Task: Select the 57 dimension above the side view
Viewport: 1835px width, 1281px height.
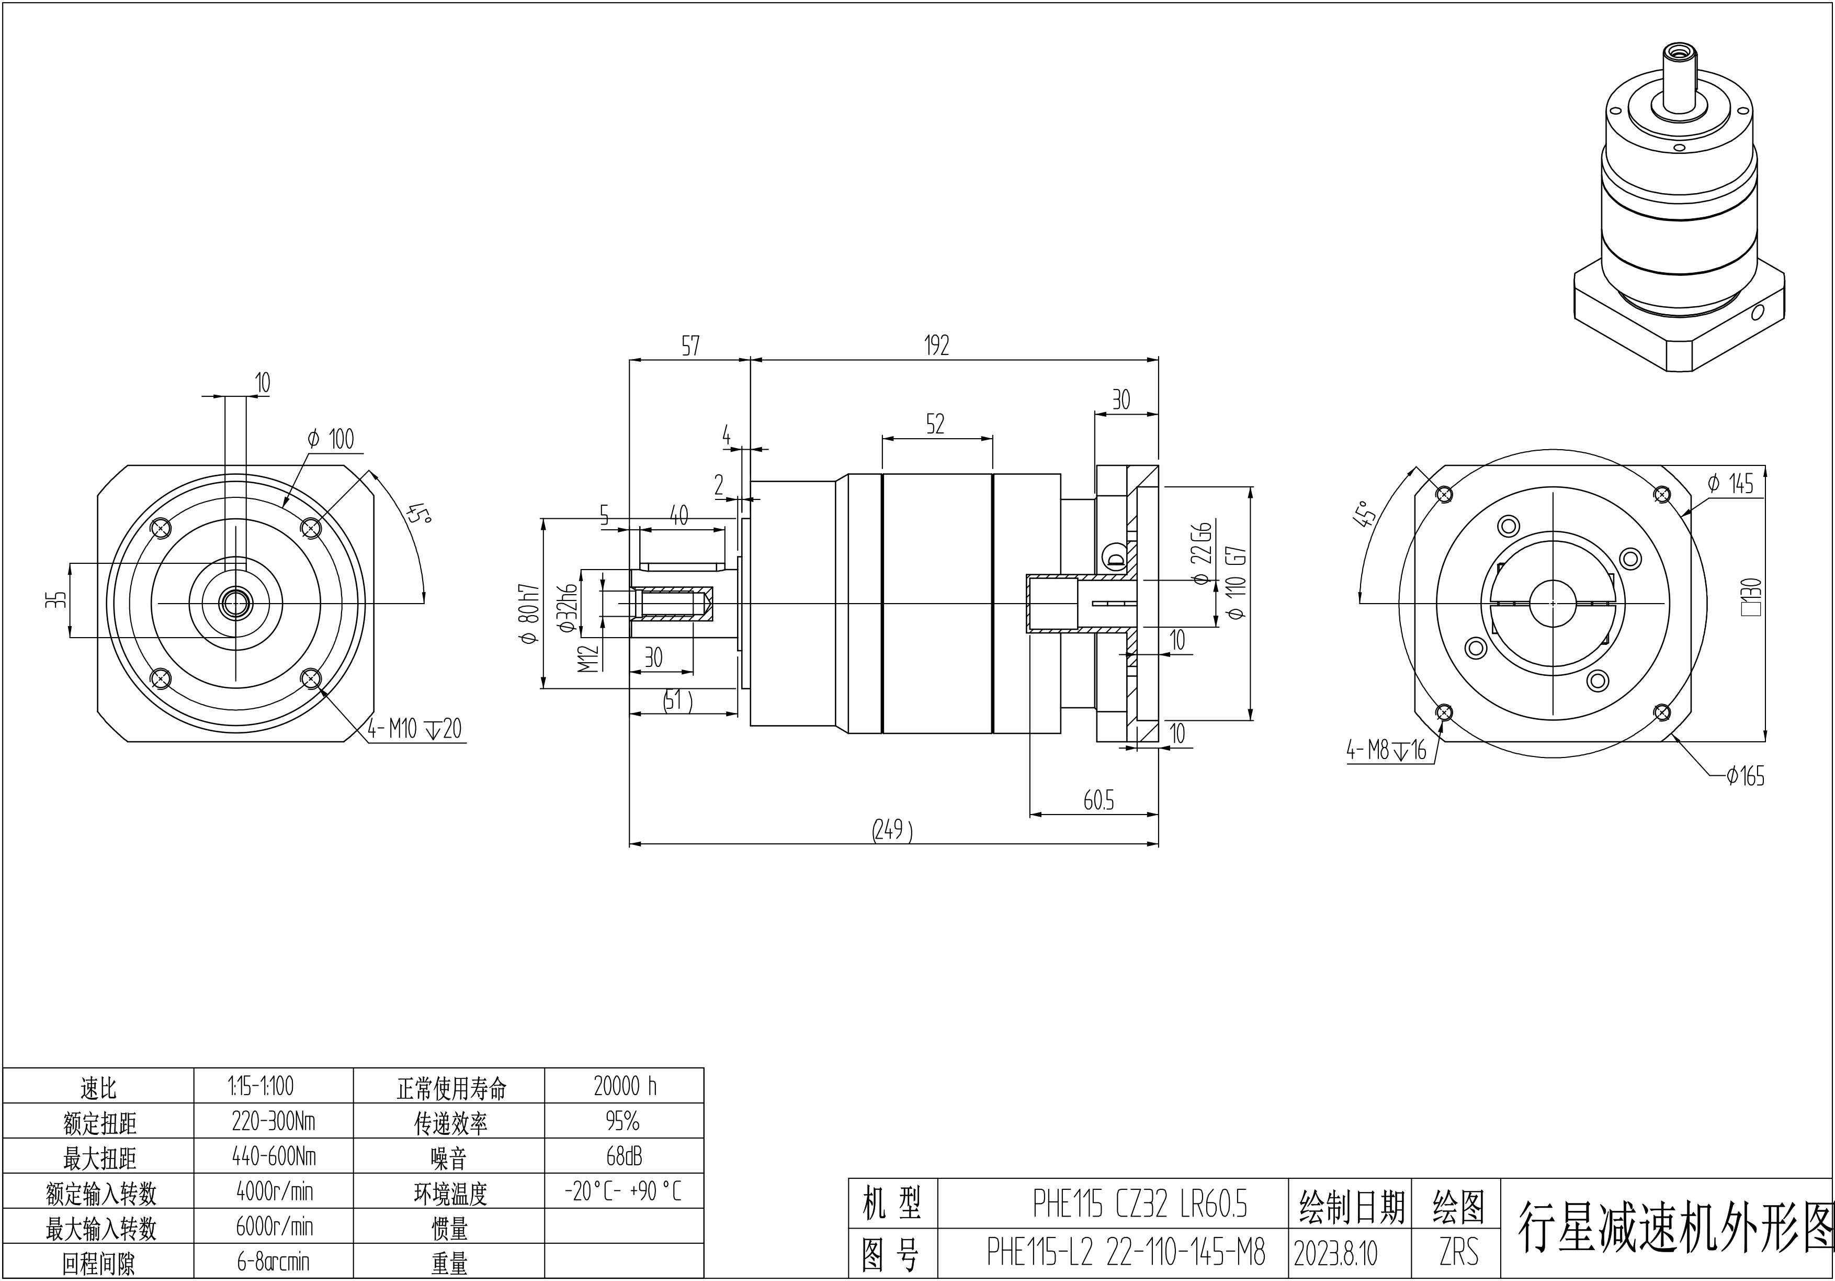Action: (x=690, y=346)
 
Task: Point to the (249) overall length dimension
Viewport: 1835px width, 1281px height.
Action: (x=892, y=830)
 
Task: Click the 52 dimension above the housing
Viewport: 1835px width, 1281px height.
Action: (x=935, y=424)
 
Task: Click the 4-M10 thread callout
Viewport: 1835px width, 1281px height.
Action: (x=415, y=729)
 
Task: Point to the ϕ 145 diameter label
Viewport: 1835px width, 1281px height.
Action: (x=1730, y=483)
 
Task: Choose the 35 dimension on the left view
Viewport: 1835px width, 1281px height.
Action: (x=55, y=600)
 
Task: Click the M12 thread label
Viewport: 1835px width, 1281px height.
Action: (x=588, y=658)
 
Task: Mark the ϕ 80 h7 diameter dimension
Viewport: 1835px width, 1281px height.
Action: (x=529, y=614)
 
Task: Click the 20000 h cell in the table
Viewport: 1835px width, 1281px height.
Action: (x=625, y=1086)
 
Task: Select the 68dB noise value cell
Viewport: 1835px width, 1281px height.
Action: (x=624, y=1156)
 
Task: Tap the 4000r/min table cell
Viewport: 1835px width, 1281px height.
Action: (x=274, y=1191)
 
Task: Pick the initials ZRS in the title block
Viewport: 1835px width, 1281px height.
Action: (x=1458, y=1252)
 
